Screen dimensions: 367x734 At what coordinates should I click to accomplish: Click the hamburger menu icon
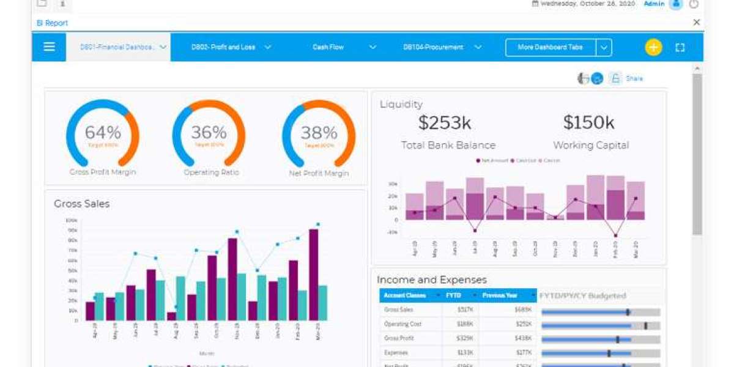(x=50, y=47)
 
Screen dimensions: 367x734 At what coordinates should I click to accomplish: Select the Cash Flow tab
(x=328, y=47)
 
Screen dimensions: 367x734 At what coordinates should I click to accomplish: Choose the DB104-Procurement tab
(x=433, y=47)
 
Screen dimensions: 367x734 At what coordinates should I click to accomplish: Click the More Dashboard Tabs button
(x=550, y=47)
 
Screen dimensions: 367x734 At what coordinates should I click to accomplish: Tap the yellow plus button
(x=653, y=47)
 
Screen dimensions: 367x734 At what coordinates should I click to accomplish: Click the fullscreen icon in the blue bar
(x=680, y=47)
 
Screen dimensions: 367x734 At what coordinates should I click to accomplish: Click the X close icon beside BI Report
(x=696, y=23)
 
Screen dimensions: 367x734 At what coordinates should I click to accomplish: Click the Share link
(x=634, y=78)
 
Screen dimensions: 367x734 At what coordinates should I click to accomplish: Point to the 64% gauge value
(x=103, y=132)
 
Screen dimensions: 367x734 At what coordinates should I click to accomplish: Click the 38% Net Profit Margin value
(x=319, y=133)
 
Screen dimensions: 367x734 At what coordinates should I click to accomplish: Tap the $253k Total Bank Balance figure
(x=445, y=123)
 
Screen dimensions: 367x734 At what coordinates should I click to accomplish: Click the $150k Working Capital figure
(x=588, y=123)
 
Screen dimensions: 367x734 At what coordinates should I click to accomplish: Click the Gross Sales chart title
(x=81, y=204)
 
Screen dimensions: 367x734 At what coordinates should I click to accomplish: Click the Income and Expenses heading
(x=432, y=280)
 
